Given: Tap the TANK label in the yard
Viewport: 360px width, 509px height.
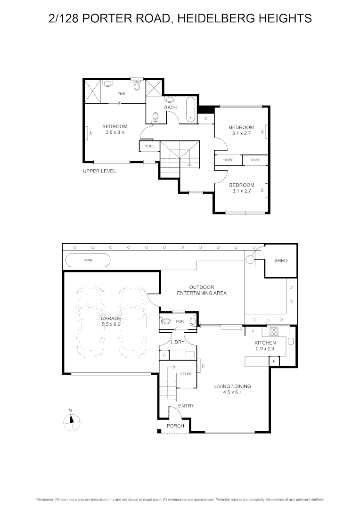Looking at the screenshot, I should coord(88,260).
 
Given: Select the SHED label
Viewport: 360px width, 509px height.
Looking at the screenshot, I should coord(281,260).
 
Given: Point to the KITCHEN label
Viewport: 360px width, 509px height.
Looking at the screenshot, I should coord(265,343).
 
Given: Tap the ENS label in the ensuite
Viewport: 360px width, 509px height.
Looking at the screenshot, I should coord(122,93).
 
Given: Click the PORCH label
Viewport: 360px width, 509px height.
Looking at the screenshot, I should coord(175,426).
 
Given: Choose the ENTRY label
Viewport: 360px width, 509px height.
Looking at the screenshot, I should coord(186,406).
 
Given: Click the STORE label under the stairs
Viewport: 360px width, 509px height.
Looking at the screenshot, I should coord(186,374).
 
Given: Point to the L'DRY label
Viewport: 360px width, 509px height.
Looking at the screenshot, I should coord(178,341).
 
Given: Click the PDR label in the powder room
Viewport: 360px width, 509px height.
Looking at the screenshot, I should coord(179,322).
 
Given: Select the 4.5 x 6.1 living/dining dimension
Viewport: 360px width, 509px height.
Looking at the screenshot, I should coord(237,392).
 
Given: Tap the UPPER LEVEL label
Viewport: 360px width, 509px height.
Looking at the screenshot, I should coord(99,171).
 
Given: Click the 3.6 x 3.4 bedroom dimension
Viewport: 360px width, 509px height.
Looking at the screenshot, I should coord(115,132).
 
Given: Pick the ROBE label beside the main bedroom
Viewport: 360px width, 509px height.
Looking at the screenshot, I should coord(149,146).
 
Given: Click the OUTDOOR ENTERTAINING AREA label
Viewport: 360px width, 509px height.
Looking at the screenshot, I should coord(202,290).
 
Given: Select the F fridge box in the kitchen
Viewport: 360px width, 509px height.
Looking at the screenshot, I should coord(253,331).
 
